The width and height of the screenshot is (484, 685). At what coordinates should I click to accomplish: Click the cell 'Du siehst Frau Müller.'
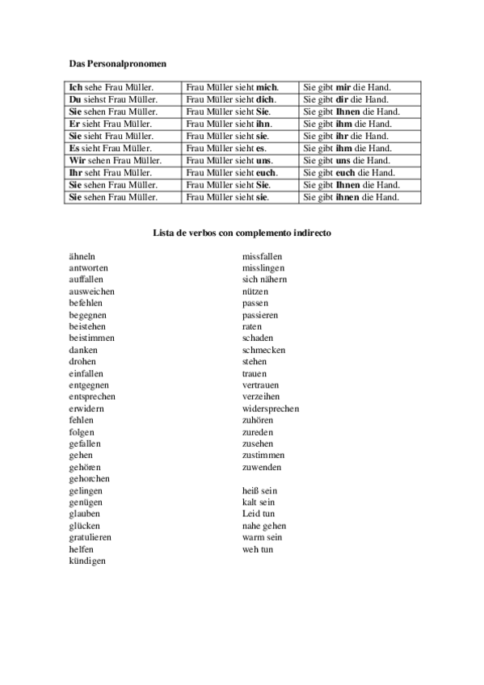[x=113, y=99]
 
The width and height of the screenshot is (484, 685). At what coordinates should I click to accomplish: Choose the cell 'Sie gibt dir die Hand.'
[x=346, y=99]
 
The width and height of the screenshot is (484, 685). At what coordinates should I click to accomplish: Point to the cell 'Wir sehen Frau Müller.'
[x=115, y=160]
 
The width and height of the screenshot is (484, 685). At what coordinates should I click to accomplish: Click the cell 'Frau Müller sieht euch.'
[x=232, y=172]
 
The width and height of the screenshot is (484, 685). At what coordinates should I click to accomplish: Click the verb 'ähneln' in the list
[x=83, y=255]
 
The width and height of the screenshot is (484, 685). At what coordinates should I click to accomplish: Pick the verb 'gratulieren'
[x=90, y=537]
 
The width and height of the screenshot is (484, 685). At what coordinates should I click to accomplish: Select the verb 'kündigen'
[x=87, y=561]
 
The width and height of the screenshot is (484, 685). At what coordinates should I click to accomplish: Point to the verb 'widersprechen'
[x=270, y=408]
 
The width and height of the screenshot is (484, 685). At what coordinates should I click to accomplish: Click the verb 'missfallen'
[x=262, y=255]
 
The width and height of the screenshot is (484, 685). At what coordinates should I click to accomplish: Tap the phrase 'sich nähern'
[x=264, y=279]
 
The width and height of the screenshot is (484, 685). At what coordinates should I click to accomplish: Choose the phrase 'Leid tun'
[x=259, y=514]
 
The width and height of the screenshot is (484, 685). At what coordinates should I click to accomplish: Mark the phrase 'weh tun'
[x=257, y=549]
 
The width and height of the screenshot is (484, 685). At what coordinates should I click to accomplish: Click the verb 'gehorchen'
[x=90, y=478]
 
